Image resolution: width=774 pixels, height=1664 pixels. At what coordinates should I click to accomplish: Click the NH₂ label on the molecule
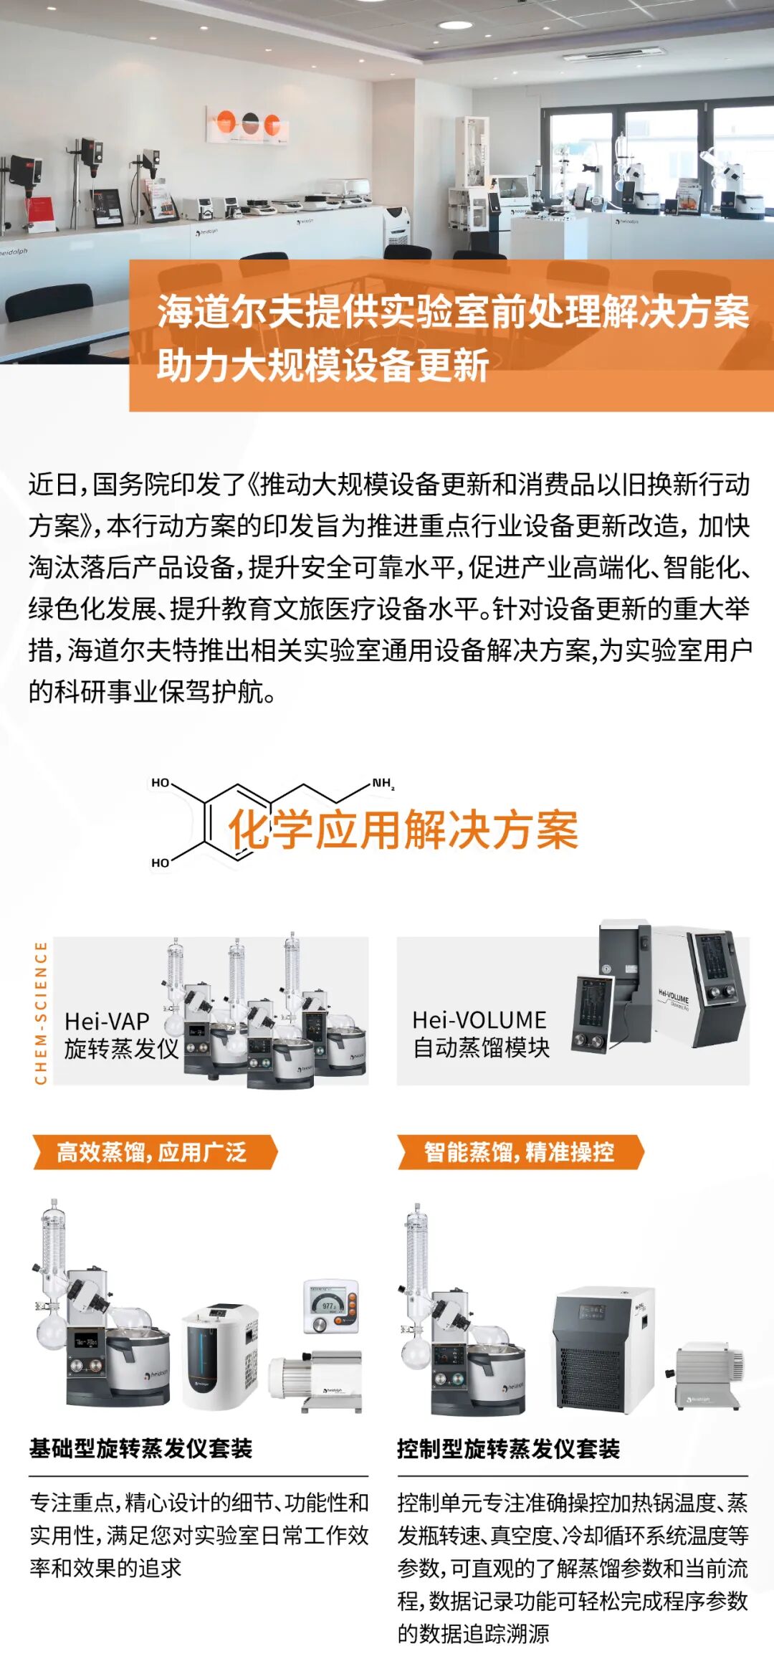[x=383, y=784]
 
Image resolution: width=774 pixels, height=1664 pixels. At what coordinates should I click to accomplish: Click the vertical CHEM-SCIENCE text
[x=41, y=1012]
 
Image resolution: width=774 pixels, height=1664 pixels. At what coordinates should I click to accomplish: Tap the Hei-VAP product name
[x=107, y=1021]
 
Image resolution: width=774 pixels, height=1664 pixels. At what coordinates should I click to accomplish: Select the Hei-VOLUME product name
[x=479, y=1019]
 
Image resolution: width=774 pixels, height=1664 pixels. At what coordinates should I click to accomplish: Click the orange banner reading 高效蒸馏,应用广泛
[x=153, y=1152]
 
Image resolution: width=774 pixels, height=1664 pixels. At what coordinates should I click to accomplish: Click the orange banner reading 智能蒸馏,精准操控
[x=519, y=1152]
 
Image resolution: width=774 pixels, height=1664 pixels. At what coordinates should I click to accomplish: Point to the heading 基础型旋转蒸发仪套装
[x=140, y=1448]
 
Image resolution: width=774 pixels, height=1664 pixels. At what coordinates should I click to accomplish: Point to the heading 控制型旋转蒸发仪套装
[x=508, y=1449]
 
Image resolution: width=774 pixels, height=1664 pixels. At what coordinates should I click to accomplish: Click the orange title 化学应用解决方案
[x=403, y=831]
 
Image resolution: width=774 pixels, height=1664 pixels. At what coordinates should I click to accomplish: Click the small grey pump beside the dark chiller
[x=707, y=1374]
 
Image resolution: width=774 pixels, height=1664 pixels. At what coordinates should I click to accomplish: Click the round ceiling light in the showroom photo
[x=455, y=25]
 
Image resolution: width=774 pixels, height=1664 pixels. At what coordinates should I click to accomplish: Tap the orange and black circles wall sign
[x=248, y=123]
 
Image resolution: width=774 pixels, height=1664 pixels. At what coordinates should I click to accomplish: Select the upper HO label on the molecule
[x=161, y=783]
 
